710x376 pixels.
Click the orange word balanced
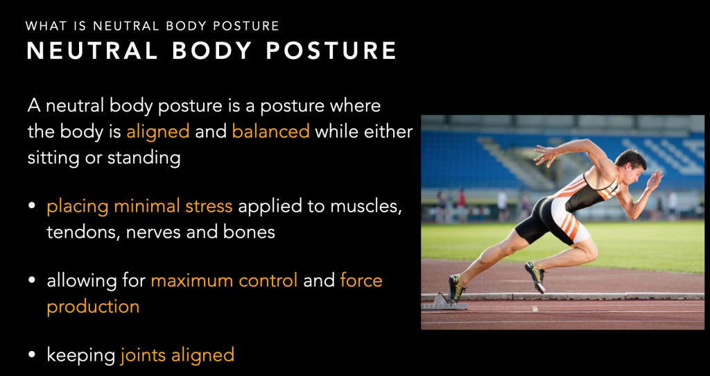click(271, 131)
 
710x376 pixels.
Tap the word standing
click(144, 157)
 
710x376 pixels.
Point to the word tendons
click(82, 232)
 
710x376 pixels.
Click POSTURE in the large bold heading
click(331, 51)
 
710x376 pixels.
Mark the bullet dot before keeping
click(32, 354)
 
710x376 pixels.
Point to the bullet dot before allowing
click(32, 280)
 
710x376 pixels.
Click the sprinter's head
click(631, 166)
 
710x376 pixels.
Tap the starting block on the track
click(444, 302)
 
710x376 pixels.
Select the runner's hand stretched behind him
click(546, 155)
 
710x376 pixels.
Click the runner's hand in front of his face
click(655, 180)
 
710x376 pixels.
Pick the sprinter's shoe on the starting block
click(456, 289)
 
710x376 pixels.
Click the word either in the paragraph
click(387, 131)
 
